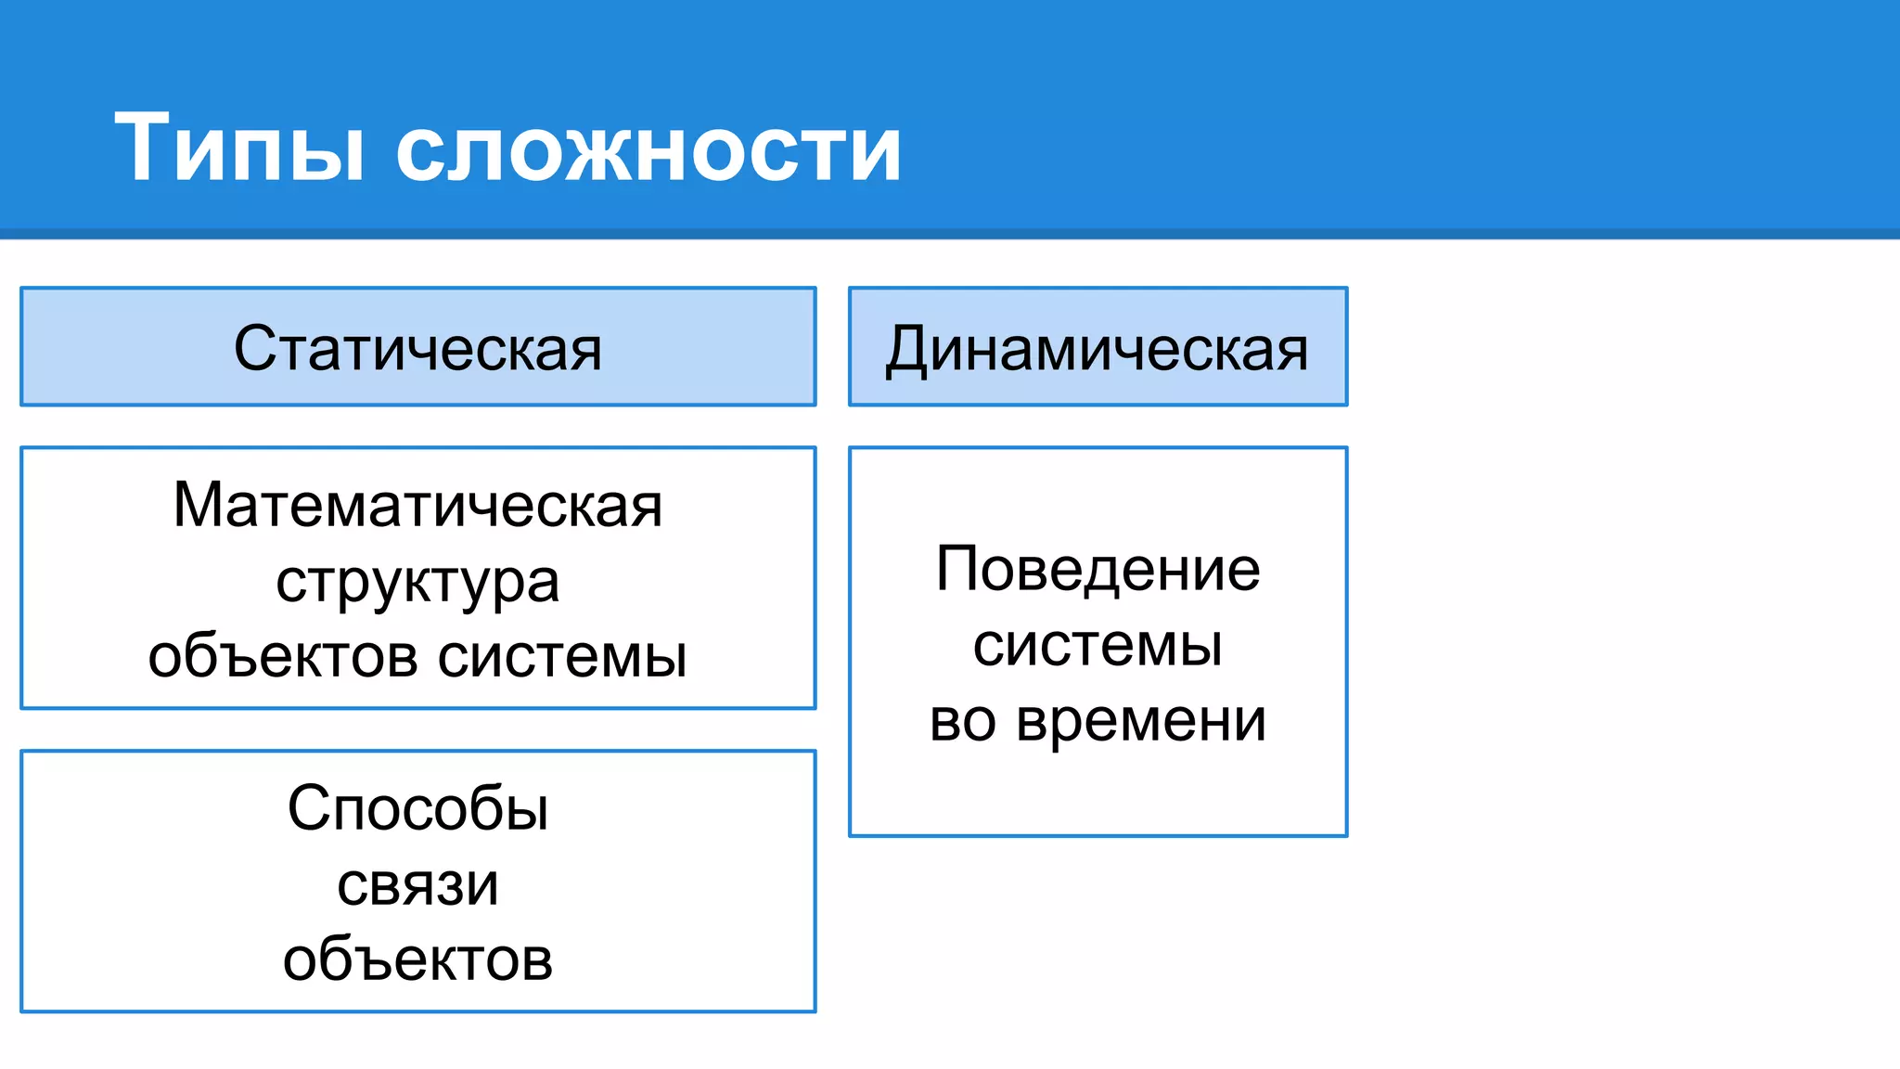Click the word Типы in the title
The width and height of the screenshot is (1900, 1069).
pos(239,148)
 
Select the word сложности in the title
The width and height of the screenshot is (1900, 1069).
pos(648,150)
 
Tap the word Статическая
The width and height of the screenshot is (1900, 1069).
pos(417,349)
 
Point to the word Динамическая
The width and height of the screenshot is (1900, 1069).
pos(1097,350)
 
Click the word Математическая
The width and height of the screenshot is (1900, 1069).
pos(417,506)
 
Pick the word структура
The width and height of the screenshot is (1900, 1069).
pos(417,584)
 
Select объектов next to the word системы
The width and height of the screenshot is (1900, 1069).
pos(283,656)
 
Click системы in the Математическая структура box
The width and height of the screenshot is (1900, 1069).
pos(562,656)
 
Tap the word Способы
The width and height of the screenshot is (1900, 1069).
pos(417,808)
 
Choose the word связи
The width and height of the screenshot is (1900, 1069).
pos(417,884)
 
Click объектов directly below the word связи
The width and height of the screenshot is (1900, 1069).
pos(417,960)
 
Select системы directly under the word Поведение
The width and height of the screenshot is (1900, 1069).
pos(1098,645)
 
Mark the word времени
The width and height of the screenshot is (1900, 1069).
pos(1141,721)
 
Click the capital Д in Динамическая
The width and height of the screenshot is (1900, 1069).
pos(905,351)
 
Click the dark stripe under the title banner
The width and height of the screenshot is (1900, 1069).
pos(950,234)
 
